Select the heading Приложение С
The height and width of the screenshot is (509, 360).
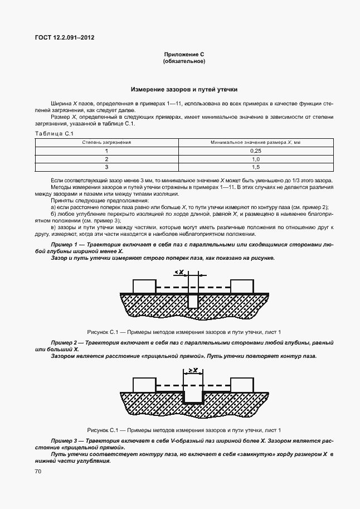tap(184, 54)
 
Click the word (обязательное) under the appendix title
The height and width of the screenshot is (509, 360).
tap(184, 61)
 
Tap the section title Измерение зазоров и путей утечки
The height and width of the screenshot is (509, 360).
tap(184, 89)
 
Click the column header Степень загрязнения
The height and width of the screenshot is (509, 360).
tap(106, 143)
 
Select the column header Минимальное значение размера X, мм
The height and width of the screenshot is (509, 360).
tap(256, 143)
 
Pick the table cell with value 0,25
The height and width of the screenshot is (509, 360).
tap(256, 151)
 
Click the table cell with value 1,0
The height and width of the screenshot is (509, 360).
tap(256, 159)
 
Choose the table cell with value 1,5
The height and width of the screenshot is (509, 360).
tap(256, 167)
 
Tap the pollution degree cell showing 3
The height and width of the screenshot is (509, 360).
tap(106, 167)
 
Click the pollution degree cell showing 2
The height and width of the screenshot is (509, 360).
tap(106, 159)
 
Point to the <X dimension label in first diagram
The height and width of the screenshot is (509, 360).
tap(180, 272)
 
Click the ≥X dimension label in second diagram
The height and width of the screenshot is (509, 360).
tap(193, 370)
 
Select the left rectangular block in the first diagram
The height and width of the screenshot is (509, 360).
tap(144, 286)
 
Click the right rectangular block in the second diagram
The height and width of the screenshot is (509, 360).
tap(242, 385)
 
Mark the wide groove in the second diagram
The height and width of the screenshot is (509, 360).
tap(193, 397)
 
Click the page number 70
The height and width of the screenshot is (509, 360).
tap(38, 472)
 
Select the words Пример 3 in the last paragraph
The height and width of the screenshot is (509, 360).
tap(63, 440)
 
